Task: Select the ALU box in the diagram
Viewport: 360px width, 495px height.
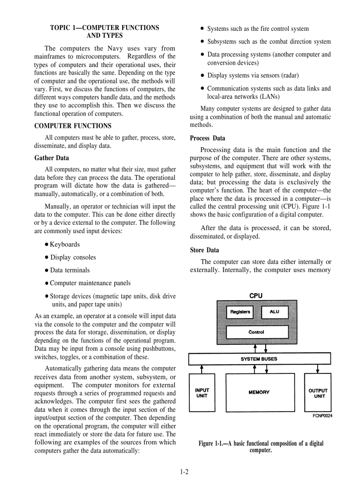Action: (x=274, y=312)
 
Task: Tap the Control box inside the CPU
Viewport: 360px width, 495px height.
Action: (x=257, y=332)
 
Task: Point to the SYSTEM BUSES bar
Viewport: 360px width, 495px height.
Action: (x=259, y=359)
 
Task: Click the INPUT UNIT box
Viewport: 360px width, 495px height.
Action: (x=202, y=393)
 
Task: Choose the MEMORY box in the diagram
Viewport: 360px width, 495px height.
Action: (x=259, y=392)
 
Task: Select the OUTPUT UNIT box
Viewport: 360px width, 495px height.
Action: (x=318, y=393)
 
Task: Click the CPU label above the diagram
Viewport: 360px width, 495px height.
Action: (x=256, y=296)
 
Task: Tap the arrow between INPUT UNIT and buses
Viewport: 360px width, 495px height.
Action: (x=202, y=369)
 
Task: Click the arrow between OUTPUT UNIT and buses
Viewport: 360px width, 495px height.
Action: (x=318, y=369)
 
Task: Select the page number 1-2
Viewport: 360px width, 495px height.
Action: (x=184, y=472)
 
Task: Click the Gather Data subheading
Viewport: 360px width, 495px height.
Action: (x=52, y=158)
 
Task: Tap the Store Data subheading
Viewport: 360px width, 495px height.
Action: (x=204, y=250)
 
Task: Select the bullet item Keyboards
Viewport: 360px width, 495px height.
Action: (x=64, y=245)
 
